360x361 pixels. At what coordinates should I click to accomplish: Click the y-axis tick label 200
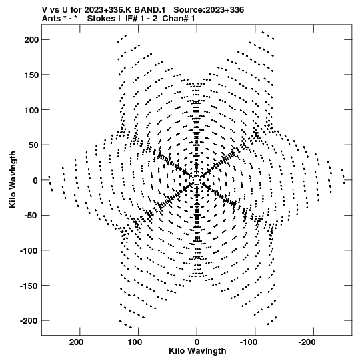(31, 40)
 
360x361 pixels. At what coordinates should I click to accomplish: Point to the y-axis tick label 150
(31, 75)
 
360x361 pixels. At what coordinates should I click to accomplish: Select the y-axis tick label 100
(31, 110)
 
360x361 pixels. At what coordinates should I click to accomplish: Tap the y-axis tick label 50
(33, 145)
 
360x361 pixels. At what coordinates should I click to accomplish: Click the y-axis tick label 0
(35, 180)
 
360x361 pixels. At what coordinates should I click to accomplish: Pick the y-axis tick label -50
(31, 216)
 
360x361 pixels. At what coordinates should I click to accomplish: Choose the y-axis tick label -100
(29, 250)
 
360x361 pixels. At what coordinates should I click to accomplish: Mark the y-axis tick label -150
(29, 286)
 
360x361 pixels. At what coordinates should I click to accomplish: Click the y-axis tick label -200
(29, 320)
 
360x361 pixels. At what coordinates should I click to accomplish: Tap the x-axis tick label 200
(76, 342)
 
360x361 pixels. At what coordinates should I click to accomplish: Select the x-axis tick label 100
(135, 342)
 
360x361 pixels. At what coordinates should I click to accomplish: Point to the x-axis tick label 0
(197, 342)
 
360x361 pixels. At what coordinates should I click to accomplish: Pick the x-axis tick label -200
(307, 342)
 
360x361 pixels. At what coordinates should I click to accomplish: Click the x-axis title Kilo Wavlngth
(197, 351)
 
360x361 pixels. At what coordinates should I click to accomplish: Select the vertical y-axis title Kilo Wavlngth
(13, 179)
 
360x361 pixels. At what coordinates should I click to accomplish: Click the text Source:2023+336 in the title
(209, 10)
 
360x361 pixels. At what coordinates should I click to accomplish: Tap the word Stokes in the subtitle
(104, 19)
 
